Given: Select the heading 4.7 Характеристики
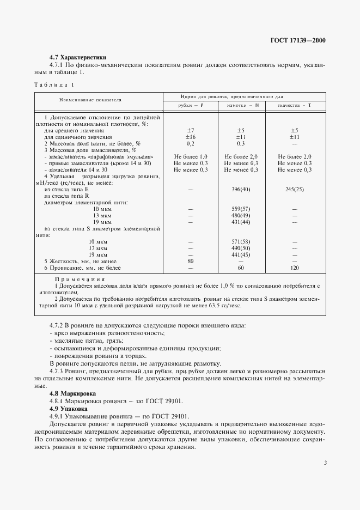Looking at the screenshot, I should tap(77, 57).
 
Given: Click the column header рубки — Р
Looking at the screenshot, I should tap(191, 105).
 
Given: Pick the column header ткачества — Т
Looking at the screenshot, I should tap(294, 105).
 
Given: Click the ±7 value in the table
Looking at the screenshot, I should tap(191, 130).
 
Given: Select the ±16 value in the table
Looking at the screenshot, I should tap(191, 137).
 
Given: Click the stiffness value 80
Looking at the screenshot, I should tap(191, 261).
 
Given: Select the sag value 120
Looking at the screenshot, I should tap(294, 268).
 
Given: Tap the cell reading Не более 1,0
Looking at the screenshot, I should tap(191, 156).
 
